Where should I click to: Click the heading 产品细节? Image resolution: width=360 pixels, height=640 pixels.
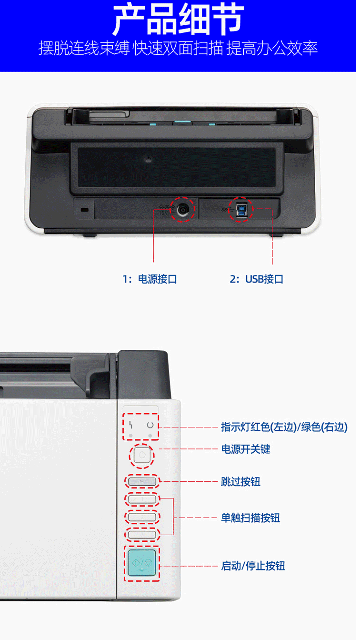(x=179, y=20)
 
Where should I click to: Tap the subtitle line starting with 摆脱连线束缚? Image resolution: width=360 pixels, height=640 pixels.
(x=178, y=48)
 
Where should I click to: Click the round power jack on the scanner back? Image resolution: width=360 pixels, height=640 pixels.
(x=182, y=210)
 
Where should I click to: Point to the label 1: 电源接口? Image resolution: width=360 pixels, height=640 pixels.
(x=150, y=279)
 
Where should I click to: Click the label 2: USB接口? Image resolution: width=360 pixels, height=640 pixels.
(x=256, y=279)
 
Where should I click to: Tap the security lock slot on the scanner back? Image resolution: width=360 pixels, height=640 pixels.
(x=84, y=210)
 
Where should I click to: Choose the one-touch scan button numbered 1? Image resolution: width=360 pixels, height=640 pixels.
(x=142, y=499)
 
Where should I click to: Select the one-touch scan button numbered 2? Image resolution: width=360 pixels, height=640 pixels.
(x=142, y=517)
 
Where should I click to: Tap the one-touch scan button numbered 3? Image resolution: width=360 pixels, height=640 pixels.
(x=142, y=534)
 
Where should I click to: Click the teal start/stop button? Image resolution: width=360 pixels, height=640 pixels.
(x=141, y=563)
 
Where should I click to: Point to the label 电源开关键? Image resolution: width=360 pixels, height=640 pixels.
(x=246, y=449)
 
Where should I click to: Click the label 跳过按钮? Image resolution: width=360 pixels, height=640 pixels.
(x=240, y=482)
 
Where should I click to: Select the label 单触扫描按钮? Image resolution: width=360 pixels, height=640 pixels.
(x=250, y=518)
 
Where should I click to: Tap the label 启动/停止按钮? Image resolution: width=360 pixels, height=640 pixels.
(x=253, y=566)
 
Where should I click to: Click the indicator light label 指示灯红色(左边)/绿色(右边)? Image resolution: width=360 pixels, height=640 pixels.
(x=284, y=427)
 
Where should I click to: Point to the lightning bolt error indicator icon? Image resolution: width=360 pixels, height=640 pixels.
(x=131, y=425)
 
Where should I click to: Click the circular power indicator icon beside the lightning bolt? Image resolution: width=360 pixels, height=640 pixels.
(x=150, y=425)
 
